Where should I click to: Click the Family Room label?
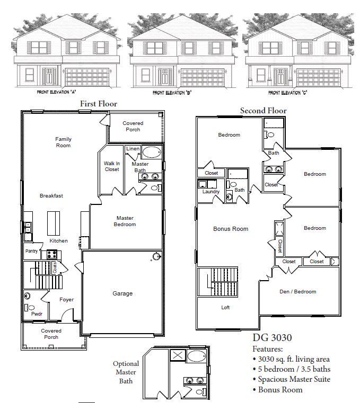[63, 142]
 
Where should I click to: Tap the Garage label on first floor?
[122, 293]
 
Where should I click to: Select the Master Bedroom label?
[125, 221]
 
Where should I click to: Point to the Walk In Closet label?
[111, 166]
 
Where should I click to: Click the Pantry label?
[31, 251]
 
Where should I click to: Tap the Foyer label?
[67, 300]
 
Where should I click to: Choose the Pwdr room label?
[37, 314]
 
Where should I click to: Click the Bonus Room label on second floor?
[231, 229]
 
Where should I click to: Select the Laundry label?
[210, 192]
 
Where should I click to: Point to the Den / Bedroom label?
[297, 291]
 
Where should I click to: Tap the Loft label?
[225, 307]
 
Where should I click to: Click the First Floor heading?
[98, 104]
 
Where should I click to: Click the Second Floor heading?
[263, 111]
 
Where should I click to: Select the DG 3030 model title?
[271, 337]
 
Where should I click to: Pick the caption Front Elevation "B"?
[172, 93]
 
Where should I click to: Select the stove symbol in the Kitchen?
[52, 254]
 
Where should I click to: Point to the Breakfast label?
[51, 196]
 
